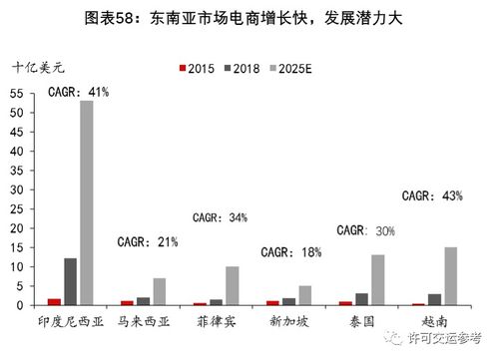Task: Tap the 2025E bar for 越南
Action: coord(451,276)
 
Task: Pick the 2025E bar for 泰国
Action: coord(377,280)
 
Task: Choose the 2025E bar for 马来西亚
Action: coord(159,291)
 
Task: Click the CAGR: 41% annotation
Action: coord(79,92)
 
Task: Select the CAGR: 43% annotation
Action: coord(432,196)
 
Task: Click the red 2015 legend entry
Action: coord(196,68)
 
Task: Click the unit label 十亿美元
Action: coord(36,68)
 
